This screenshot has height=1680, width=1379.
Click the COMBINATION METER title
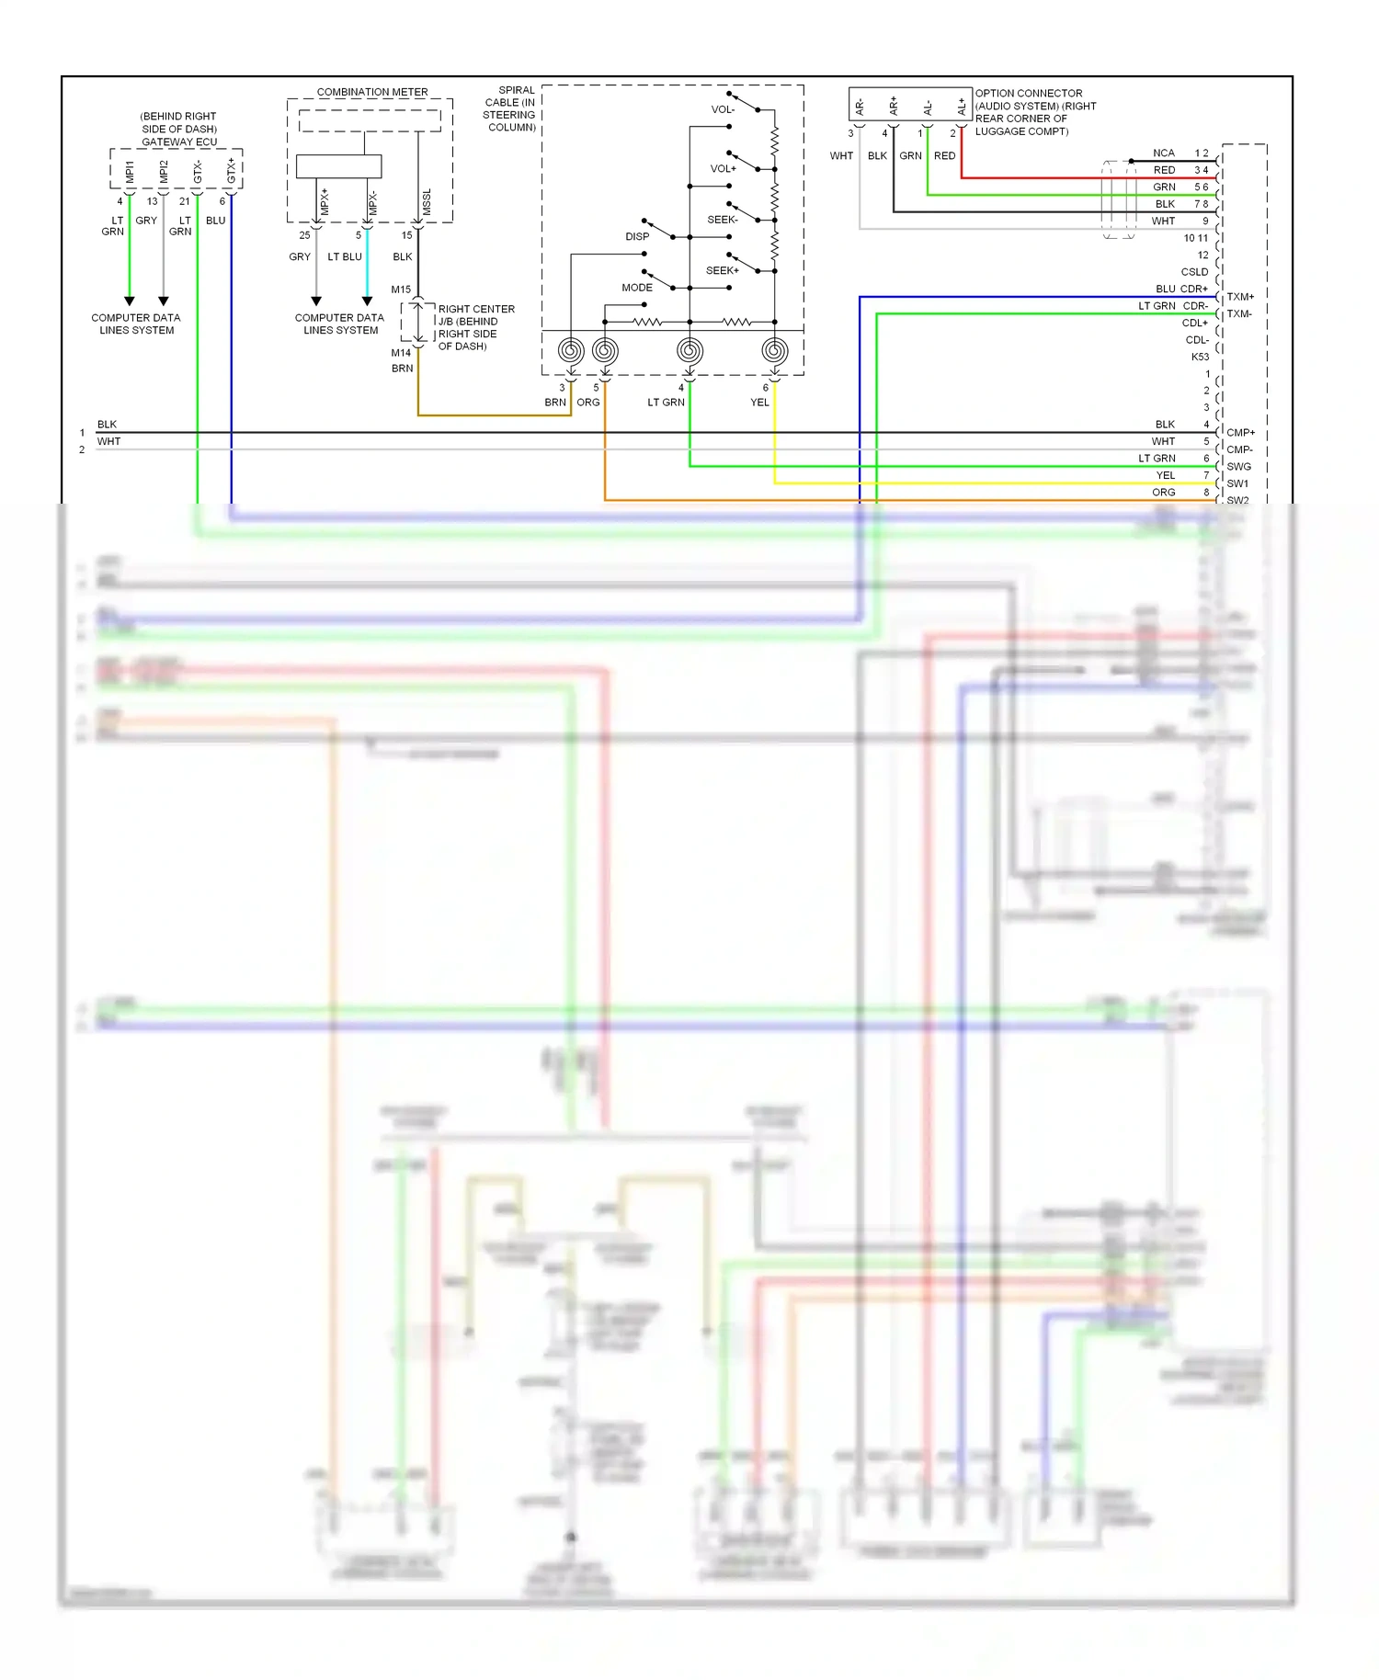point(372,92)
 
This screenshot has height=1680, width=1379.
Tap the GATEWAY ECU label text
point(179,142)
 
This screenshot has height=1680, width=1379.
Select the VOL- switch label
point(723,109)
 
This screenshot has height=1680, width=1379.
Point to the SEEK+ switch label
point(722,270)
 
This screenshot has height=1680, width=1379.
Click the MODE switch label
point(636,288)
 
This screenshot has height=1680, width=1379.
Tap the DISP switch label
point(637,236)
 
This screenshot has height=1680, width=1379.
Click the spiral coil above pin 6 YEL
point(775,350)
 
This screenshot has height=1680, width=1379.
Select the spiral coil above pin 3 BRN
point(571,350)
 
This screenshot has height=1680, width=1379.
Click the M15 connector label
point(401,289)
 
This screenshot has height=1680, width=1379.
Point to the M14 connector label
point(401,353)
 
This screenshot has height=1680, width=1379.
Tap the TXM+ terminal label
point(1240,297)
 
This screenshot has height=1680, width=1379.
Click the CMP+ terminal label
point(1240,432)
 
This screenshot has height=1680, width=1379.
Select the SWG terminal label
point(1238,466)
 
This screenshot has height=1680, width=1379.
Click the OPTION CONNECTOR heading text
point(1028,93)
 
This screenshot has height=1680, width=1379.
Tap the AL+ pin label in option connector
point(962,107)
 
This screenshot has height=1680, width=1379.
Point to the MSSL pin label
point(427,202)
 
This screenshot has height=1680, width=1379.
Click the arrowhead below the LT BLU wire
point(367,301)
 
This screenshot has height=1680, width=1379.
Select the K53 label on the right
point(1200,357)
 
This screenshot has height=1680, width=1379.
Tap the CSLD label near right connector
point(1194,272)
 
